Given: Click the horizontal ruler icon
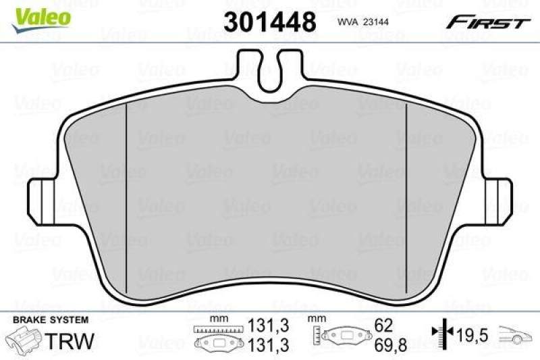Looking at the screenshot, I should click(211, 329).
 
